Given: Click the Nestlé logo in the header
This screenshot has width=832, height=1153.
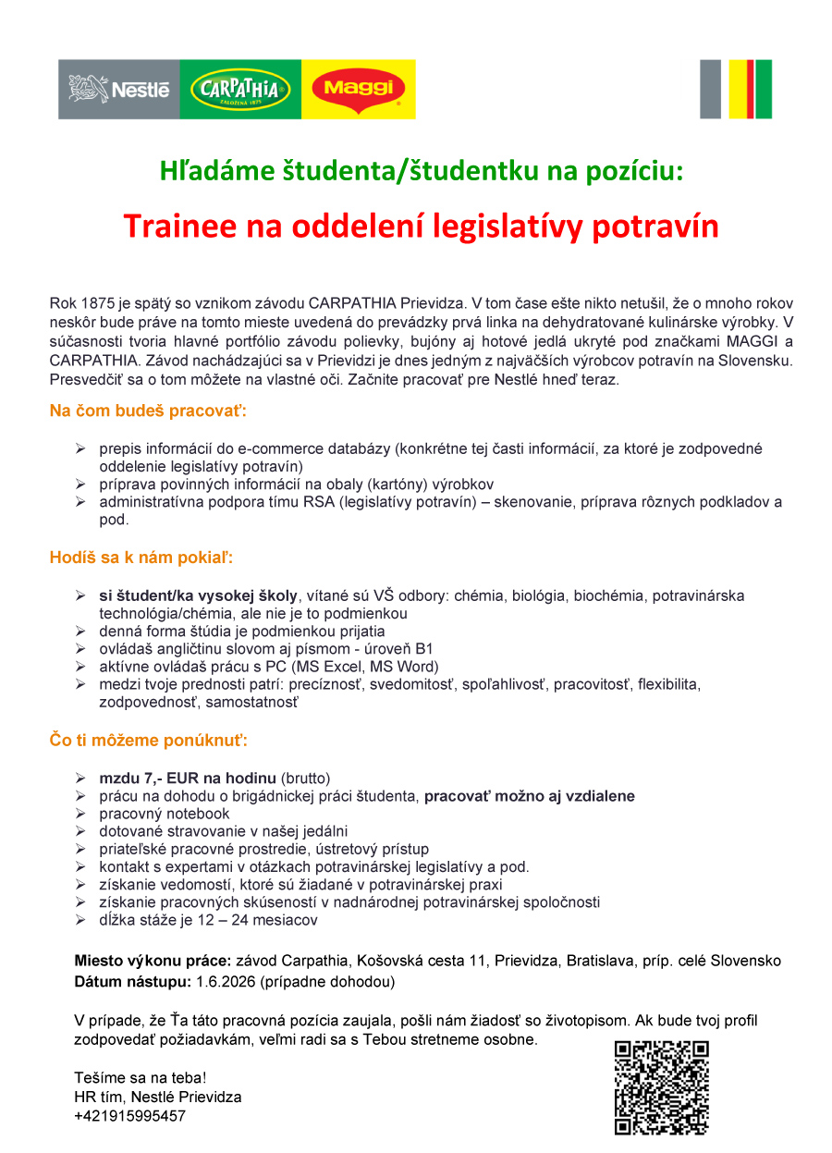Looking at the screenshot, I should tap(119, 90).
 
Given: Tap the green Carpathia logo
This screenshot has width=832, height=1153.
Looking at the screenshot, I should tap(240, 90).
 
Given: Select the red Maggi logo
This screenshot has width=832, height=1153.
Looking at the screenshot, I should tap(359, 90).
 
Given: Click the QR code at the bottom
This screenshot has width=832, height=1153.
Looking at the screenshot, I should tap(661, 1087).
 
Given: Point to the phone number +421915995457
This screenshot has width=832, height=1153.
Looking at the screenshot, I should tap(130, 1116).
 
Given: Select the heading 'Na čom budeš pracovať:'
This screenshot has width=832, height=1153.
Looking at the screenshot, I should tap(148, 410).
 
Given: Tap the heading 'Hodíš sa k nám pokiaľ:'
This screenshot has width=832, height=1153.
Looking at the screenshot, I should tap(141, 558).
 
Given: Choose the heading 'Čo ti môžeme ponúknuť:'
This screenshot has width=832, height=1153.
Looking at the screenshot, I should tap(148, 740).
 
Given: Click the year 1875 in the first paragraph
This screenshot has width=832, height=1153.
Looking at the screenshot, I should tap(97, 302).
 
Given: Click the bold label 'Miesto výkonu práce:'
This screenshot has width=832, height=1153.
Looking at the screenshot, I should tap(153, 961).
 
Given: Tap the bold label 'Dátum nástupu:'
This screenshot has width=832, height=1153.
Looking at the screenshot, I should tap(132, 980).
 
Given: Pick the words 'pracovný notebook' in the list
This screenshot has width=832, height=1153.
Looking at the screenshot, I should tap(165, 814).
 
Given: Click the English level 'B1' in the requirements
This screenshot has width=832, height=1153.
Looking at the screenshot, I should tap(424, 648).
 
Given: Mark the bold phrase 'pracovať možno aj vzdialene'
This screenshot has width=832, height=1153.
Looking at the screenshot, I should tap(529, 795).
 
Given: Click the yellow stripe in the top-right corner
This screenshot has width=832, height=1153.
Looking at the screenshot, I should tap(736, 90).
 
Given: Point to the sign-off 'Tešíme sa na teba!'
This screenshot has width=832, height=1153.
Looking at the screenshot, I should tap(141, 1078).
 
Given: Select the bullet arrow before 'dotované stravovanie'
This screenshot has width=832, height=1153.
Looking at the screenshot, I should tap(80, 832).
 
